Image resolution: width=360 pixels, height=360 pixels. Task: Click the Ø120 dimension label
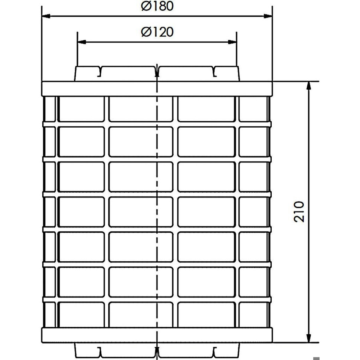coord(157,32)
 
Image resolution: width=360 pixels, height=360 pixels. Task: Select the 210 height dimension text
coord(299,212)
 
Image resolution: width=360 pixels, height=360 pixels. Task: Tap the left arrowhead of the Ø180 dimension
coord(46,16)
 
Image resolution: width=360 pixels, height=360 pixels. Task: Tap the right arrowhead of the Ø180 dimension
coord(268,16)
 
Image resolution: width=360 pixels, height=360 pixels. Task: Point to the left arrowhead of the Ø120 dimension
coord(82,42)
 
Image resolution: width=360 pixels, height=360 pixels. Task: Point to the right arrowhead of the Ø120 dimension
coord(232,42)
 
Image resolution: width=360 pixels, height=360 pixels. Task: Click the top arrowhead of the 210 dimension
coord(309,86)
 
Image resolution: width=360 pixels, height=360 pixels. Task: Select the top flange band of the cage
coord(157,89)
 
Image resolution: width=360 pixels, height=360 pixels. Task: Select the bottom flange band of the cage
coord(157,336)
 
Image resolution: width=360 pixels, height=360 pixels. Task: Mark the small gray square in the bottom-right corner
coord(316,359)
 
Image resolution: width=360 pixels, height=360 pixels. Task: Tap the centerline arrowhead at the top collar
coord(157,73)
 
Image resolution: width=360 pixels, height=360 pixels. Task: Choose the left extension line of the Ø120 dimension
coord(77,49)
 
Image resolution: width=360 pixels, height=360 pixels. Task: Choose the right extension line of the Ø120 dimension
coord(236,49)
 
